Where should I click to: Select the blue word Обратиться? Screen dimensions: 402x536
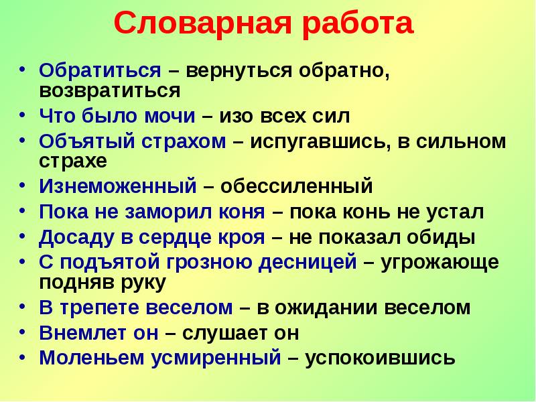[100, 71]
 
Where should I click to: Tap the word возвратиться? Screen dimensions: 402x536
[109, 89]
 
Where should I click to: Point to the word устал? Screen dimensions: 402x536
[457, 212]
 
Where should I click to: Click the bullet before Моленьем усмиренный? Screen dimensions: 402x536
[24, 355]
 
